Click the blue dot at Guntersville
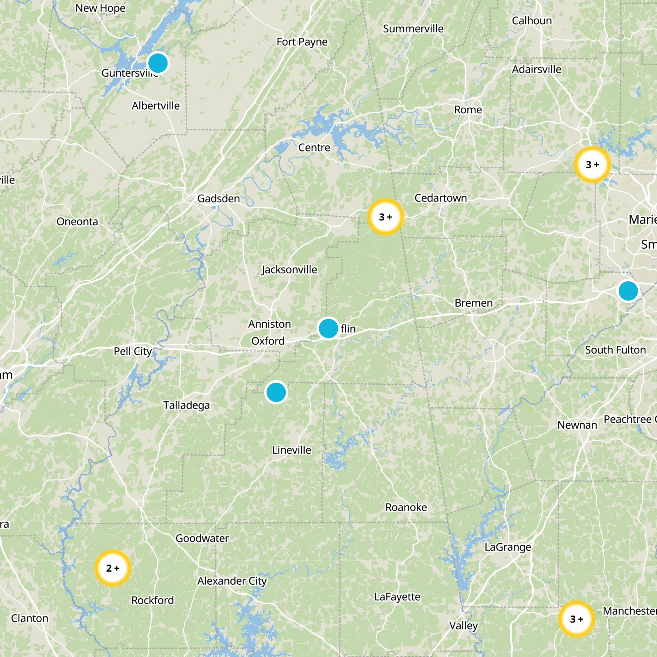[x=158, y=63]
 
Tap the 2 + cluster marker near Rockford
[x=113, y=568]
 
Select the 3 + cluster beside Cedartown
[x=385, y=217]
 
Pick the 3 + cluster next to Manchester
[x=577, y=619]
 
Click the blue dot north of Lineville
[x=276, y=393]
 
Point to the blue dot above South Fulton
[x=628, y=291]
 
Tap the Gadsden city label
[x=218, y=199]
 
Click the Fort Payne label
[x=302, y=42]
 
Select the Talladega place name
[x=186, y=405]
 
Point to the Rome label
[x=468, y=110]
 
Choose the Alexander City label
[x=232, y=581]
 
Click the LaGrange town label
[x=508, y=547]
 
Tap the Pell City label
[x=133, y=351]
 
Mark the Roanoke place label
[x=406, y=508]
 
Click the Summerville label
[x=413, y=29]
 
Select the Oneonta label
[x=77, y=222]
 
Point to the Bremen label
[x=473, y=303]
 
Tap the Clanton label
[x=30, y=618]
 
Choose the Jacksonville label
[x=289, y=270]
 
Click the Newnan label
[x=577, y=425]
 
